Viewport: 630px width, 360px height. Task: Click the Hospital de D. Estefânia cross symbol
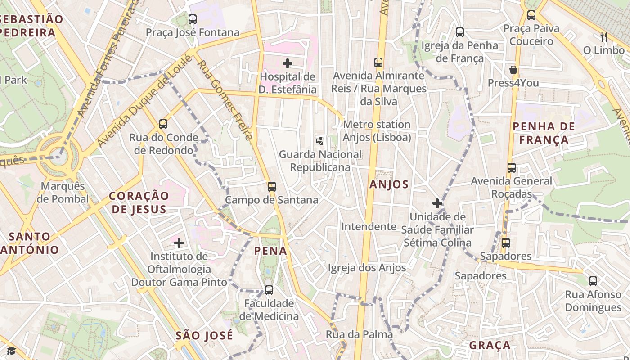coord(288,63)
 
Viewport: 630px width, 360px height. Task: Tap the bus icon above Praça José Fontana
coord(193,19)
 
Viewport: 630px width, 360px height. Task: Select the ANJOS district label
coord(389,184)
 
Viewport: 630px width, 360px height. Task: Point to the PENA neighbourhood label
coord(271,251)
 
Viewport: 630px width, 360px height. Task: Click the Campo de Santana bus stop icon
coord(271,186)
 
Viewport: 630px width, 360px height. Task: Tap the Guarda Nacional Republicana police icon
coord(319,141)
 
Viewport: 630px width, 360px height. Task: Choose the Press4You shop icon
coord(513,70)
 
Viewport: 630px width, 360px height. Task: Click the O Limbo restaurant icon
coord(603,37)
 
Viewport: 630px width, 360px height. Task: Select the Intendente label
coord(369,226)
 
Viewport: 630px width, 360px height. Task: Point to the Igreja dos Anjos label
coord(367,268)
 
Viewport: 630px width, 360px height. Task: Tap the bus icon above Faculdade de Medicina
coord(269,290)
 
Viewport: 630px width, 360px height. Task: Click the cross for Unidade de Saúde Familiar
coord(437,203)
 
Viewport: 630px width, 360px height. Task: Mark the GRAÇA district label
coord(490,345)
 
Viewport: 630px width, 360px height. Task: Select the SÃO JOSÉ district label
coord(204,335)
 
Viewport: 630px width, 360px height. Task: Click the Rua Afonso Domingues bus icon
coord(593,281)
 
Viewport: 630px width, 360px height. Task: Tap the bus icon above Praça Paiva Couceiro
coord(531,15)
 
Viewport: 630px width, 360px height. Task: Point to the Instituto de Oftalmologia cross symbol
coord(179,243)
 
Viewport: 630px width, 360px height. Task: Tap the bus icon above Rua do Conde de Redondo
coord(163,124)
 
